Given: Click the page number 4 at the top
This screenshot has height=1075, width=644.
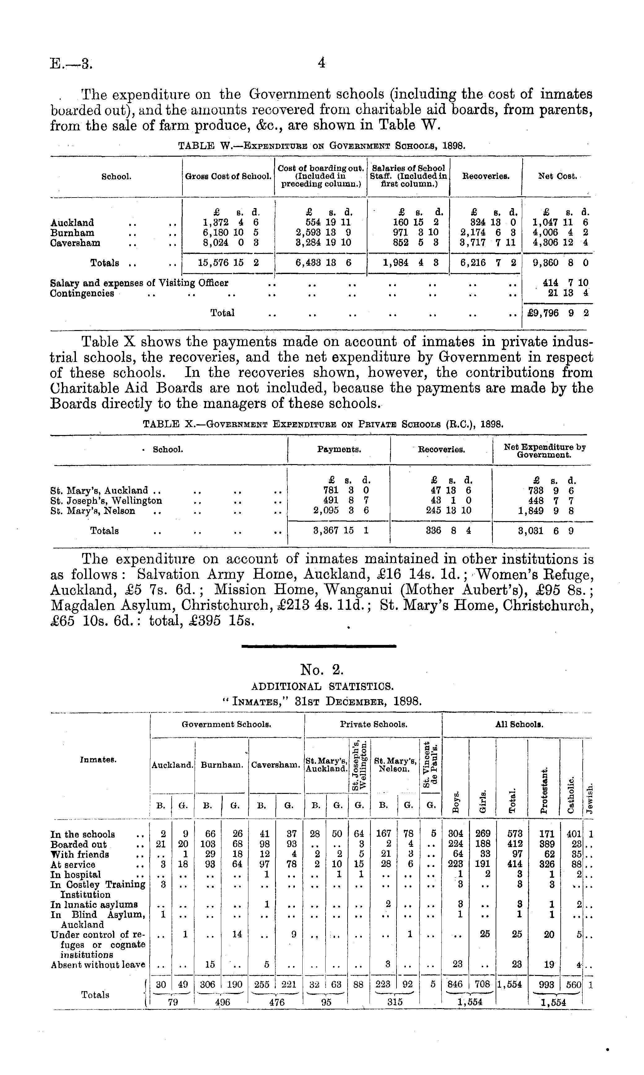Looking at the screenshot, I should tap(321, 63).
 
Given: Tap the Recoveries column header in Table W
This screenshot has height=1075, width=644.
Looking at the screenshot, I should tap(486, 176).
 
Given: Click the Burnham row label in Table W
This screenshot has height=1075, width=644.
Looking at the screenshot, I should tap(72, 233).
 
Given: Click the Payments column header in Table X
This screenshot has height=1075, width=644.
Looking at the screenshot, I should tap(339, 450).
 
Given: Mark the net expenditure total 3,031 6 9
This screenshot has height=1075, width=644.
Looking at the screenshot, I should tap(545, 530).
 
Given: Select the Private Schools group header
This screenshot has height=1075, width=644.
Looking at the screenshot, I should tap(373, 725).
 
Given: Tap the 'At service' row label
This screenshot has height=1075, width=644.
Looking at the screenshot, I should tap(73, 864).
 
